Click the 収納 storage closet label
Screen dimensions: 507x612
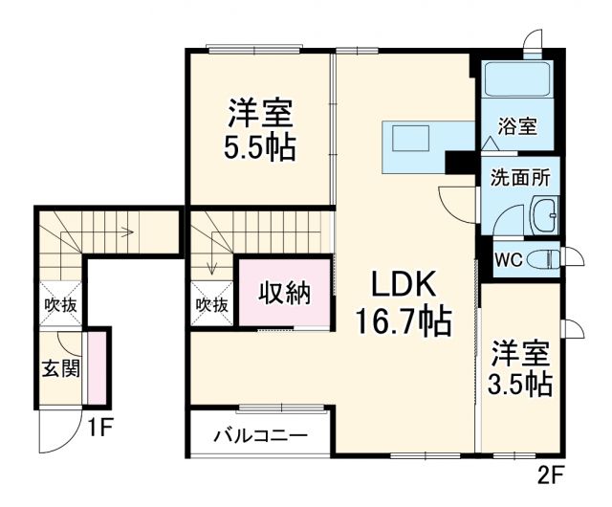pos(285,294)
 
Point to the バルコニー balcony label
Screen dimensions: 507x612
pos(259,435)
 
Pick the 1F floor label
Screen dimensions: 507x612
pos(100,428)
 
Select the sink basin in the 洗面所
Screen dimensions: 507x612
pos(545,216)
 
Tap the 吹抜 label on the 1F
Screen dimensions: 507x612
pos(59,305)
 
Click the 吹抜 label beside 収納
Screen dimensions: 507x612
pos(211,305)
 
